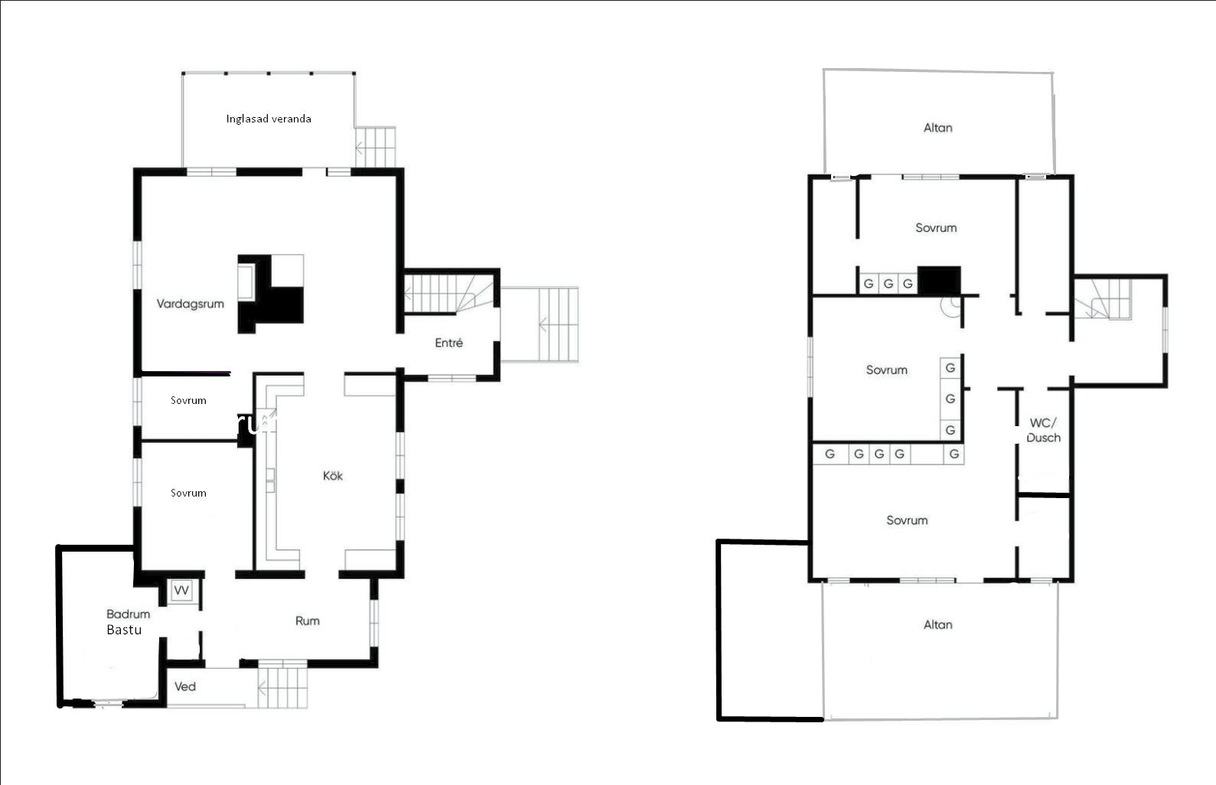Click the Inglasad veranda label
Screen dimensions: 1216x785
[269, 119]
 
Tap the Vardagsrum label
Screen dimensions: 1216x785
[190, 304]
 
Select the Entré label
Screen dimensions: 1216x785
[449, 343]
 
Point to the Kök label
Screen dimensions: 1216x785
[333, 476]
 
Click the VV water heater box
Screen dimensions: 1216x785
[181, 590]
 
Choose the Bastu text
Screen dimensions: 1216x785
[124, 630]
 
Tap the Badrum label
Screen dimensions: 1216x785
[128, 614]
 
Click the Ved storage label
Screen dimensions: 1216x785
[185, 687]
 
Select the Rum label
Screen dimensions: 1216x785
[308, 621]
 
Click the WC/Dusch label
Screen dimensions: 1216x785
[1043, 431]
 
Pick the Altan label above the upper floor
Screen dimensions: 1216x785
[938, 128]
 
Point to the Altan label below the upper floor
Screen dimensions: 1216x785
[938, 625]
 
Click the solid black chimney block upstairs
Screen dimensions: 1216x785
[939, 280]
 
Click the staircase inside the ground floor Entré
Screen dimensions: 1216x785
[449, 294]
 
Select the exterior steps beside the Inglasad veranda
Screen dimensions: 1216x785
[375, 147]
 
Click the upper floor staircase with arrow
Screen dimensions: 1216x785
[1104, 299]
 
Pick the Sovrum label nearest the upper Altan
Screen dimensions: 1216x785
[936, 228]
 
